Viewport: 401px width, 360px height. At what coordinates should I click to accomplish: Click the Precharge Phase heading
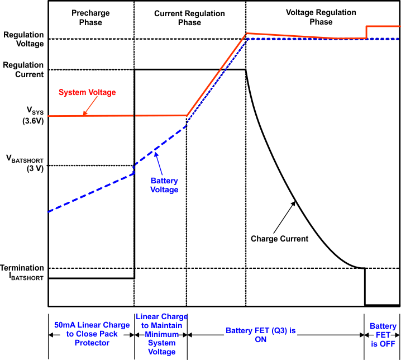point(90,17)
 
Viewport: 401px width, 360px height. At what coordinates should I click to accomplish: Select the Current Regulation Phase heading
point(189,17)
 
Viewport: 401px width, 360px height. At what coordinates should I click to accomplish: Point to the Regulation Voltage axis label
point(23,39)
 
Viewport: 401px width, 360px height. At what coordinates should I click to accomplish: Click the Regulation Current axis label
point(23,69)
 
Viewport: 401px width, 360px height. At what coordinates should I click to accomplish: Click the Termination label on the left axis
point(22,268)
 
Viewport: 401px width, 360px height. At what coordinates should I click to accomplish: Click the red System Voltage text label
point(87,92)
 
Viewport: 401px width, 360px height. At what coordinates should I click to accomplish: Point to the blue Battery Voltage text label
point(165,185)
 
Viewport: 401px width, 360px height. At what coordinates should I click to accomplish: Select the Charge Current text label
point(279,239)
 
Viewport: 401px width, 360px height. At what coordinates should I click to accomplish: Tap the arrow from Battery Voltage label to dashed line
point(160,164)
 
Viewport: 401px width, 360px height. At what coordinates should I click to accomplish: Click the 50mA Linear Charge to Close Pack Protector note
point(91,334)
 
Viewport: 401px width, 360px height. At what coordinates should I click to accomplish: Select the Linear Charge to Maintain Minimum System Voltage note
point(161,334)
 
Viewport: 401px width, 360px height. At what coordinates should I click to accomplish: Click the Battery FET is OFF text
point(383,334)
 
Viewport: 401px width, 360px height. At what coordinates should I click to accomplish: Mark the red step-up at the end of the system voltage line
point(366,32)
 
